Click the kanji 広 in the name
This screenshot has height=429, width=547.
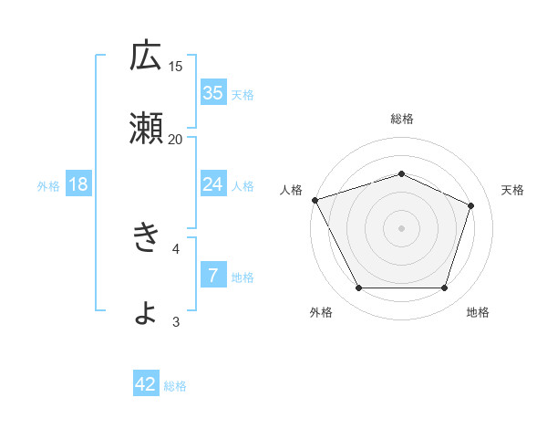pos(146,57)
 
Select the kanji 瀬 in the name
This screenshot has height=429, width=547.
pos(146,127)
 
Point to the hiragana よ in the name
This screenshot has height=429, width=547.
pos(146,312)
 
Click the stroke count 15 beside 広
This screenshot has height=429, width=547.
pos(176,66)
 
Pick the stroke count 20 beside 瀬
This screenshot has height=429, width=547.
pos(175,139)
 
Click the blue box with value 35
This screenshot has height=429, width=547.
pos(213,92)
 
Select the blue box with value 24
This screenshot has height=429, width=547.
pos(213,184)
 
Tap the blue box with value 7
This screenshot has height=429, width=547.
pos(213,276)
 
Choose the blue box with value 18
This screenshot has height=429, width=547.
pos(78,184)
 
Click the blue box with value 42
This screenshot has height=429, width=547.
pos(146,384)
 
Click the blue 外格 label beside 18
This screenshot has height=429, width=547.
pos(48,185)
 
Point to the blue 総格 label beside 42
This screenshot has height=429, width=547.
pos(175,386)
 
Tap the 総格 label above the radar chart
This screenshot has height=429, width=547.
pos(401,119)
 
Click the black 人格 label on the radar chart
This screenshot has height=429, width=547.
pos(292,190)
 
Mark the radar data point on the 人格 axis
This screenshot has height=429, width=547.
pos(315,200)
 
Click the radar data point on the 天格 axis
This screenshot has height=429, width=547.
pos(471,205)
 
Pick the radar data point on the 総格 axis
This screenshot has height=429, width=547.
pos(401,173)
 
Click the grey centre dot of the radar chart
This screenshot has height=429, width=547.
pos(401,227)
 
